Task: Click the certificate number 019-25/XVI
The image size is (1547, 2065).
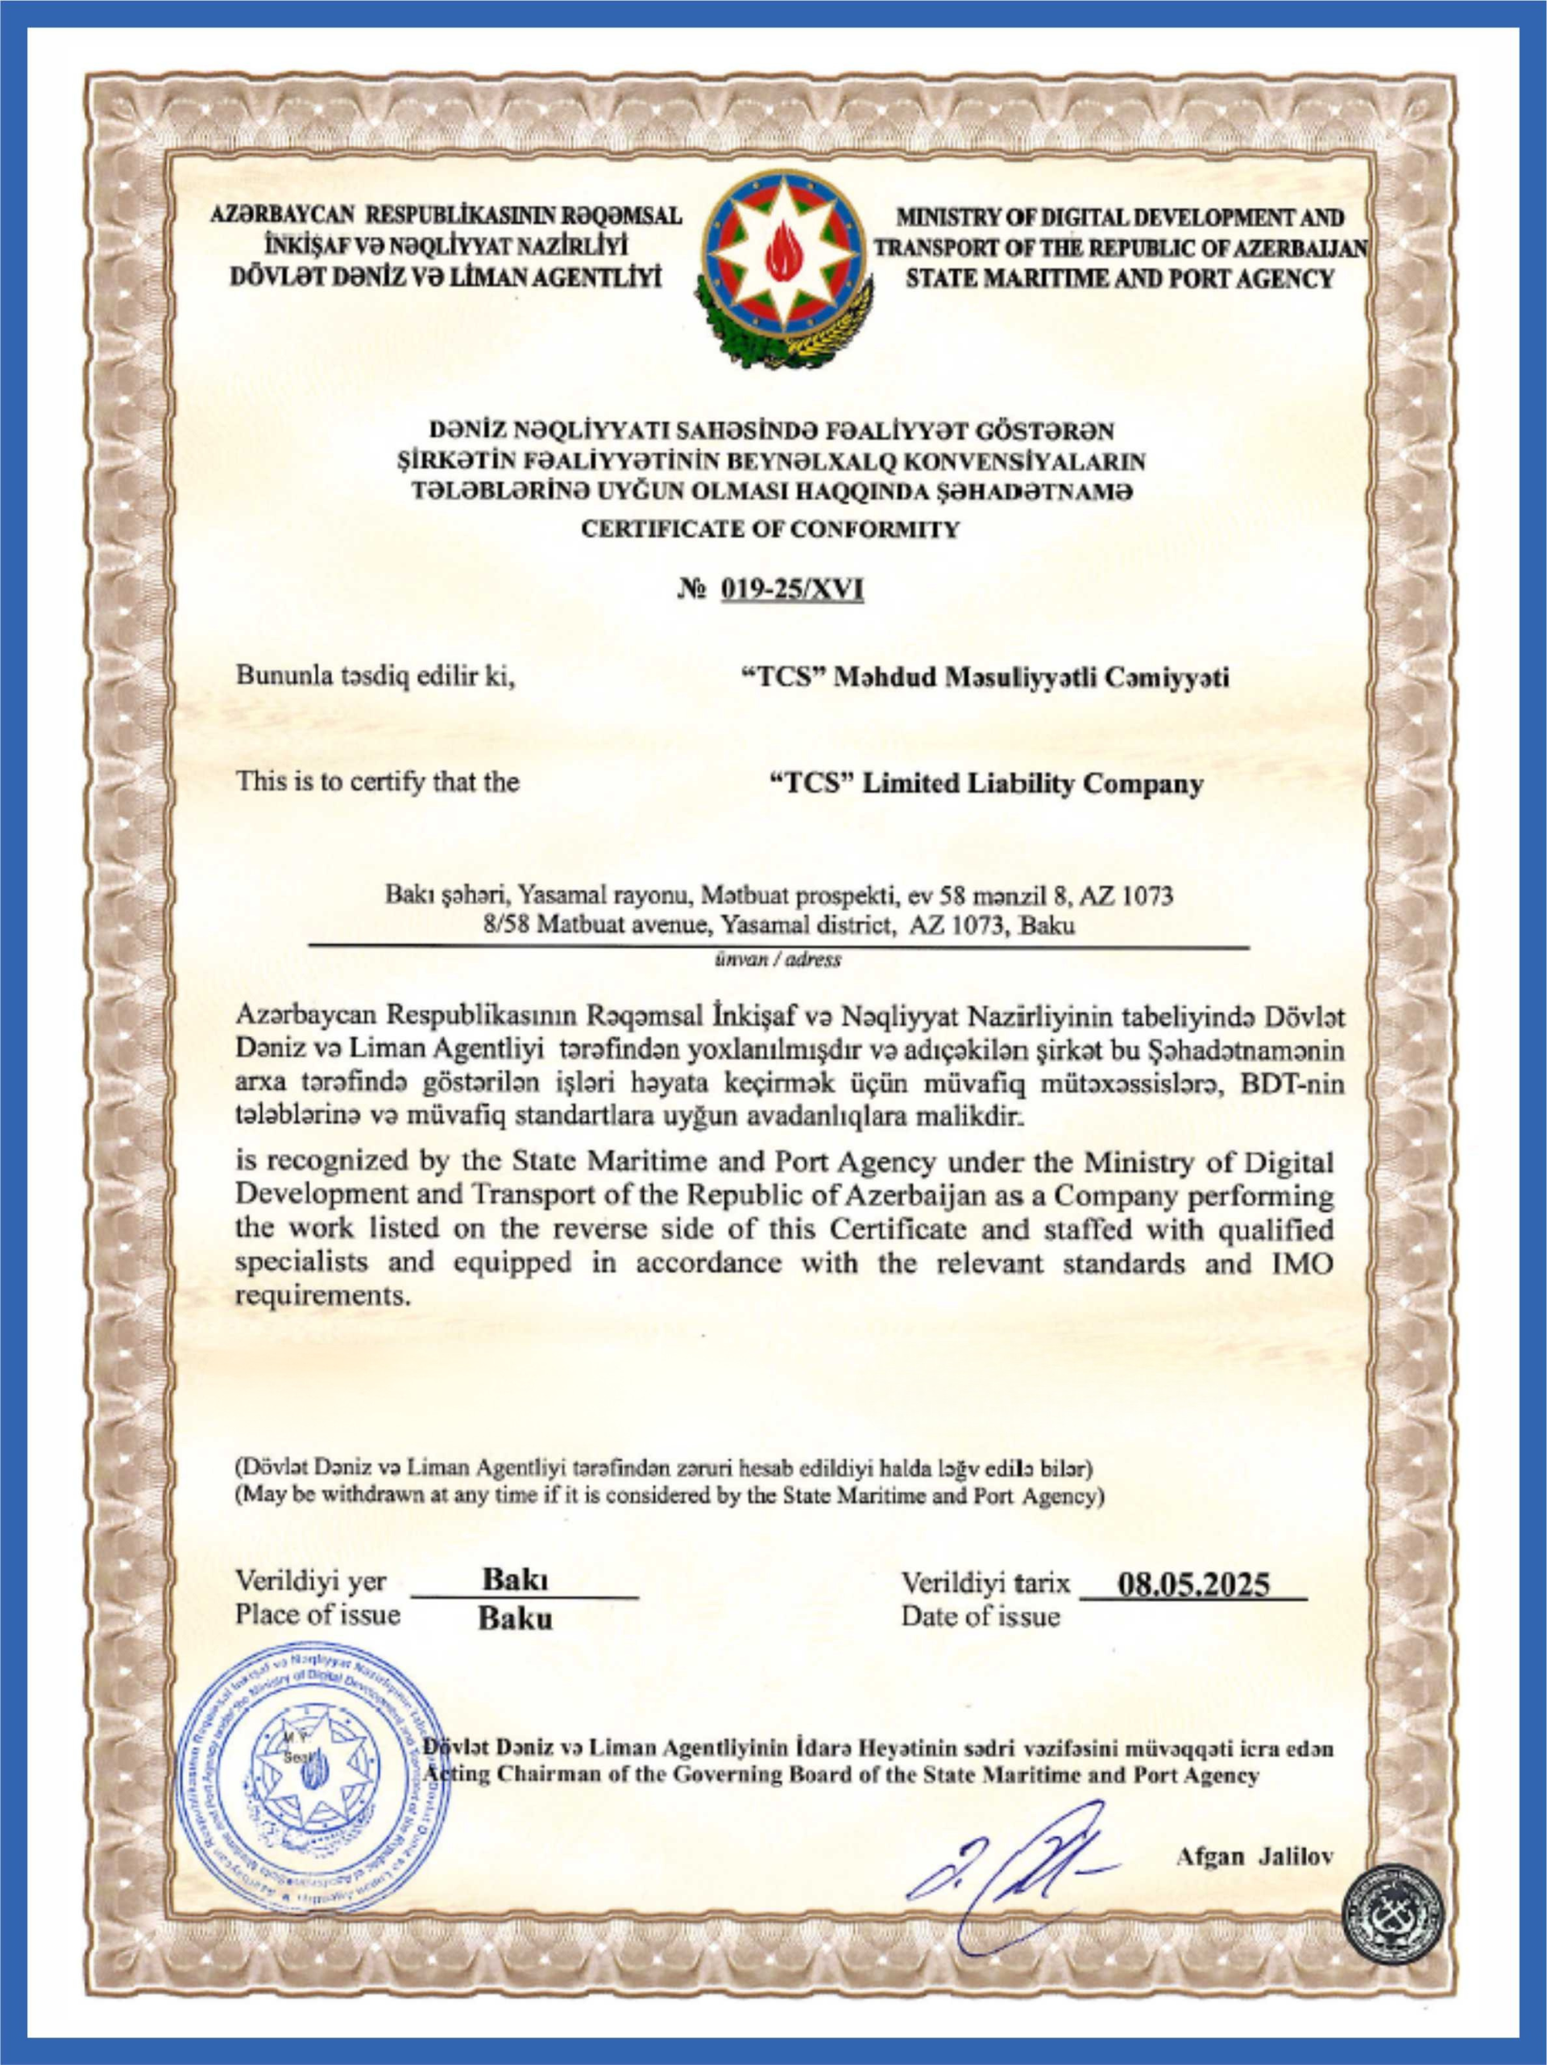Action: (x=792, y=590)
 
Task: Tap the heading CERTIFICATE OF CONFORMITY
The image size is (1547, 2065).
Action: (x=770, y=530)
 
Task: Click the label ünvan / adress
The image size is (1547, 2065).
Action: (x=778, y=960)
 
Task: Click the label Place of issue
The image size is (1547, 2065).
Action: (x=317, y=1615)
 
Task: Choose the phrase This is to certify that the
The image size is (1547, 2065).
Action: (x=377, y=782)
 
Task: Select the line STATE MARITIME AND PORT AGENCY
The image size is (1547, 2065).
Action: (x=1119, y=278)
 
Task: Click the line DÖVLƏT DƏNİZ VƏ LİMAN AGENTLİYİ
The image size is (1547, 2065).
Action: (x=446, y=278)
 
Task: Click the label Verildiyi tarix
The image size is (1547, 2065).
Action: (x=985, y=1583)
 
